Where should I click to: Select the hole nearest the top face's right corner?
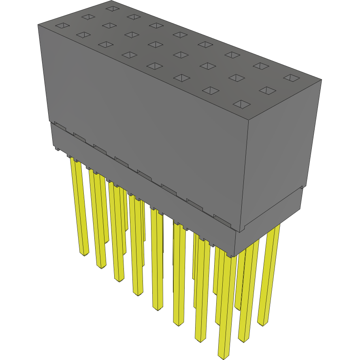(290, 77)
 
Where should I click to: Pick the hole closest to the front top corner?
(241, 104)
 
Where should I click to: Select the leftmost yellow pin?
(79, 207)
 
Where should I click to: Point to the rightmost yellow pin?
(269, 275)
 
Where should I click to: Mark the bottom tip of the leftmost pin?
(84, 254)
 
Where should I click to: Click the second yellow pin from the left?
(97, 219)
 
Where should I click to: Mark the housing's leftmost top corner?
(38, 24)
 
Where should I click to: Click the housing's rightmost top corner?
(322, 79)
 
